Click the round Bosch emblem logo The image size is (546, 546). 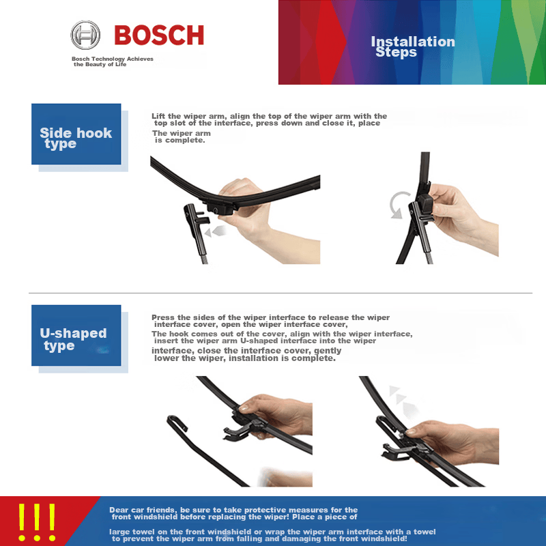(x=85, y=35)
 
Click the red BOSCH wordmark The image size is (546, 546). (x=159, y=35)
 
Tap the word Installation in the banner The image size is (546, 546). (x=413, y=42)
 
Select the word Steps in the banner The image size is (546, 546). (x=397, y=53)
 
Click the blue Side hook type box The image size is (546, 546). (x=76, y=134)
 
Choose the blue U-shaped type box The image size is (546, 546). (x=76, y=335)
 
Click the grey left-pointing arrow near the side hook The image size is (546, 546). (x=215, y=231)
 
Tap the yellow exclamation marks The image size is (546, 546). (x=37, y=522)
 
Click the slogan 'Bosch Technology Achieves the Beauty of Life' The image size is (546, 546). (x=113, y=61)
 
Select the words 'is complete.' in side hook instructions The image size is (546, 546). (x=179, y=141)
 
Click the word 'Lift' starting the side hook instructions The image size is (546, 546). (x=158, y=116)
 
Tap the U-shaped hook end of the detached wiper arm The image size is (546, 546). (x=177, y=422)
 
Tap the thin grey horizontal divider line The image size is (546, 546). (x=281, y=293)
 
